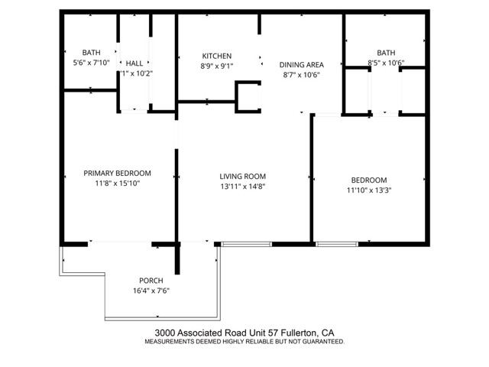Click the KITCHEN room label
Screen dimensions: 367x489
click(x=216, y=56)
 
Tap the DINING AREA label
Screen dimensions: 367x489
click(x=301, y=64)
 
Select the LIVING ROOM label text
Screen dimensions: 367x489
click(x=242, y=176)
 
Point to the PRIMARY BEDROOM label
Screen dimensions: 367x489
click(x=117, y=173)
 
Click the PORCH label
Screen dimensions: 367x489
click(x=151, y=280)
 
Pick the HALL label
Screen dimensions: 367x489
click(x=134, y=63)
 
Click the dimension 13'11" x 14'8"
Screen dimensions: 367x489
click(x=242, y=186)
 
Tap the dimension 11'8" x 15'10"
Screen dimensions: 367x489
click(x=117, y=183)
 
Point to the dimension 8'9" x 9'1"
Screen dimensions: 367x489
click(x=216, y=66)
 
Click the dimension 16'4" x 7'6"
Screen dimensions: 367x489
click(x=151, y=290)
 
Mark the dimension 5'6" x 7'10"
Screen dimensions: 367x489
click(x=91, y=63)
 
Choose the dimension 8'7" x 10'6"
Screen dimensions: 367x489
click(x=301, y=75)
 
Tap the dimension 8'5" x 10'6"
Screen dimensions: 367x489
click(x=386, y=63)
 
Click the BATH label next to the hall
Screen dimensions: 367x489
click(x=91, y=53)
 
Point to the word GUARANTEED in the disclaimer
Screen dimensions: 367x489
click(x=322, y=342)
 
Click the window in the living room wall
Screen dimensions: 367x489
click(x=246, y=244)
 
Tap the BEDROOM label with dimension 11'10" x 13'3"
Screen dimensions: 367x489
click(x=364, y=180)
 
